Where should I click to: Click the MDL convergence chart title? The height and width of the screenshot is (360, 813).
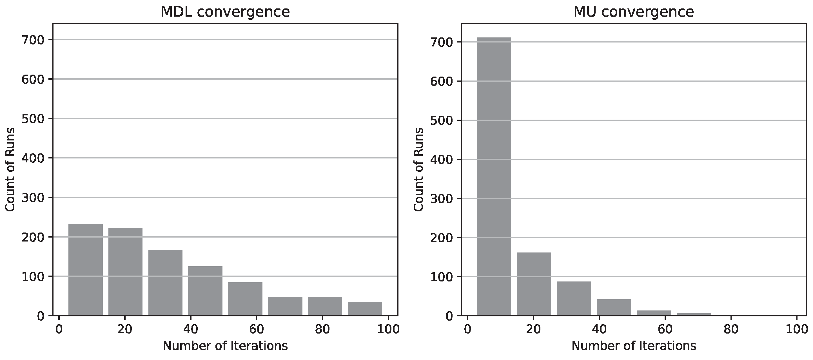tap(225, 12)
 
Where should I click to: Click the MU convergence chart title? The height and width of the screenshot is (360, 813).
tap(633, 12)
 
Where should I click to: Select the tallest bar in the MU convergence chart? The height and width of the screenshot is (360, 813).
tap(494, 176)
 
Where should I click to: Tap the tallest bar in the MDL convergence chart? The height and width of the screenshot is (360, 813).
tap(86, 269)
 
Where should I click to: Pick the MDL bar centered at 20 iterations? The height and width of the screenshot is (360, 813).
tap(125, 272)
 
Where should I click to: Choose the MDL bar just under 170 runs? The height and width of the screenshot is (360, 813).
tap(165, 282)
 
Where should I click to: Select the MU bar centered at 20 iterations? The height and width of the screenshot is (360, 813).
tap(534, 284)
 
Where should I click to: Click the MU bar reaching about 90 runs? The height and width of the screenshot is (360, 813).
tap(574, 298)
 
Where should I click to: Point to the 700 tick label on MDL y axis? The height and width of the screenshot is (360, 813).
tap(32, 40)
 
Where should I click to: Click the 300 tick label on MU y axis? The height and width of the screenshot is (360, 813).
tap(441, 199)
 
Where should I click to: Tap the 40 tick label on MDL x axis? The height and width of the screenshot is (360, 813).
tap(191, 329)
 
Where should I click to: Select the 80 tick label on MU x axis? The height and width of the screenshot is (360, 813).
tap(731, 329)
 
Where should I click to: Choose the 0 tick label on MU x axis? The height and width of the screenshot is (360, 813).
tap(467, 329)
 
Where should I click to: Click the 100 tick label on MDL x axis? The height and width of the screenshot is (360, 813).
tap(388, 329)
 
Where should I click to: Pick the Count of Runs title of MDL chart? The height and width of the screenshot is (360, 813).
tap(10, 169)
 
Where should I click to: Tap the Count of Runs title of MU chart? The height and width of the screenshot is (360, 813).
tap(419, 169)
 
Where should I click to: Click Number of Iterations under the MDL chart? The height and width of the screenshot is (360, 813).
tap(225, 346)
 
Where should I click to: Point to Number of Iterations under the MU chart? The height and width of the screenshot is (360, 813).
tap(634, 346)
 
